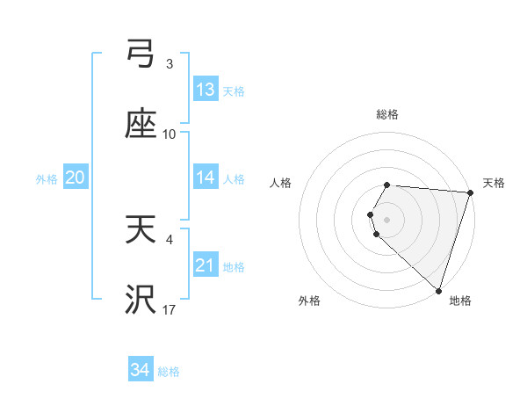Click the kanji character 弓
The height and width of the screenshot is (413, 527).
point(141,54)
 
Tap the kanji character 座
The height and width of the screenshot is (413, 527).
point(141,125)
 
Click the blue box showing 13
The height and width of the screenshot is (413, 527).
point(206,90)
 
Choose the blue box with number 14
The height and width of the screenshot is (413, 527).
point(206,178)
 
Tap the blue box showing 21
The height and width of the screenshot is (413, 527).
point(206,265)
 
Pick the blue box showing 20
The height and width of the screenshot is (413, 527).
point(75,178)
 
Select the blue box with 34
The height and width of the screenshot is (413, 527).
point(141,370)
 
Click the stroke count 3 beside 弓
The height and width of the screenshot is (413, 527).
point(170,64)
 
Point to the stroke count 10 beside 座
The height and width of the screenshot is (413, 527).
point(170,134)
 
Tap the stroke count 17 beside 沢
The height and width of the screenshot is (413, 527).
point(170,310)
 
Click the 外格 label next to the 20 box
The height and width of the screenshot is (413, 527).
point(47,178)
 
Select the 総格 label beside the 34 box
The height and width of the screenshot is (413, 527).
point(169,372)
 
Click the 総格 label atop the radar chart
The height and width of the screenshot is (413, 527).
point(387,114)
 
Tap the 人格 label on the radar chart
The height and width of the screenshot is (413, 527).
point(281,183)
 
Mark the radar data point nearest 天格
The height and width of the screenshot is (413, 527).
point(470,193)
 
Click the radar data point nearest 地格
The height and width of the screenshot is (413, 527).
point(438,291)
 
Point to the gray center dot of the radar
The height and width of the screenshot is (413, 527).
point(387,219)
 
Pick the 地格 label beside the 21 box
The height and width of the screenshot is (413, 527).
point(234,266)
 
